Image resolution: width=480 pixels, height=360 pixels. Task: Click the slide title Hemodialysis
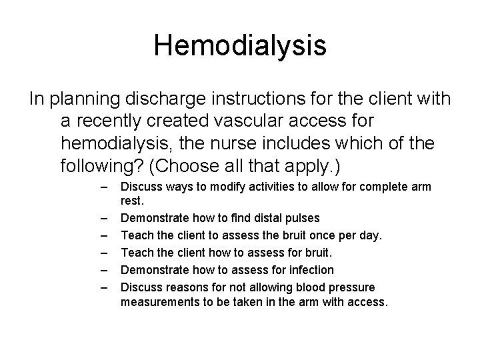[240, 46]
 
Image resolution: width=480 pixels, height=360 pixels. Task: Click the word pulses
[303, 217]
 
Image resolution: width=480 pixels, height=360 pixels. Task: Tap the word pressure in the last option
[355, 287]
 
